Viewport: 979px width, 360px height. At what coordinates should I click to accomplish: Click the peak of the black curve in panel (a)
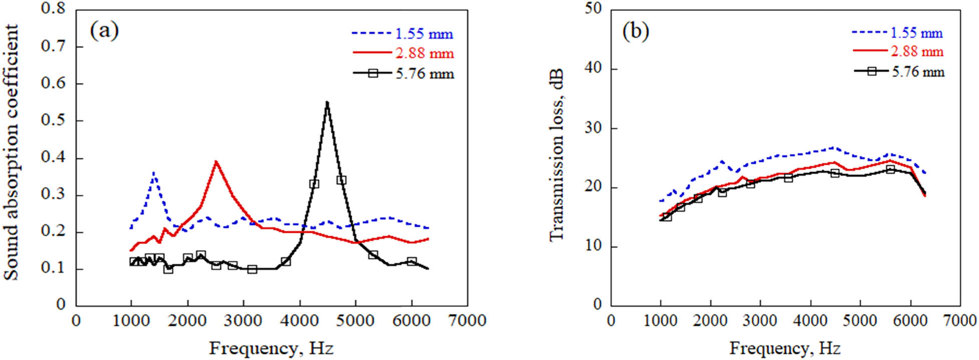[327, 102]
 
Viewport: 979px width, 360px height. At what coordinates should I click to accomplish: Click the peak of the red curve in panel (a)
[216, 161]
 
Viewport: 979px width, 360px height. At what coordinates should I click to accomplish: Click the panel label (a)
[104, 31]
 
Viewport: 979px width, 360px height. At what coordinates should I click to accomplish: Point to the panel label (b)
[635, 32]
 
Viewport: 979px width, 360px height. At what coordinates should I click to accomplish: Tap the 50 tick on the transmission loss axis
[594, 10]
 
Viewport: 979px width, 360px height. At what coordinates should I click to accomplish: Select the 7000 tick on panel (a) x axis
[467, 320]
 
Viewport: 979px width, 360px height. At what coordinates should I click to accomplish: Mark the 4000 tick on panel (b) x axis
[810, 320]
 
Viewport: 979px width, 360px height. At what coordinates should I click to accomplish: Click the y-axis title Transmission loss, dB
[556, 155]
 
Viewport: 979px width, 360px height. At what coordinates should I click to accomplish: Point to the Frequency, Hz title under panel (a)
[271, 347]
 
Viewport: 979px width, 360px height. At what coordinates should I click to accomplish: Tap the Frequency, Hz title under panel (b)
[785, 347]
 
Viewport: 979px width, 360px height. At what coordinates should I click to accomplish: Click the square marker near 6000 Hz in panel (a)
[412, 261]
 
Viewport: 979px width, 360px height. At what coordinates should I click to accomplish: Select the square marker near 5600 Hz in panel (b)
[890, 169]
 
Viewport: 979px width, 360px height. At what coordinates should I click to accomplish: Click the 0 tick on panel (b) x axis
[611, 320]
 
